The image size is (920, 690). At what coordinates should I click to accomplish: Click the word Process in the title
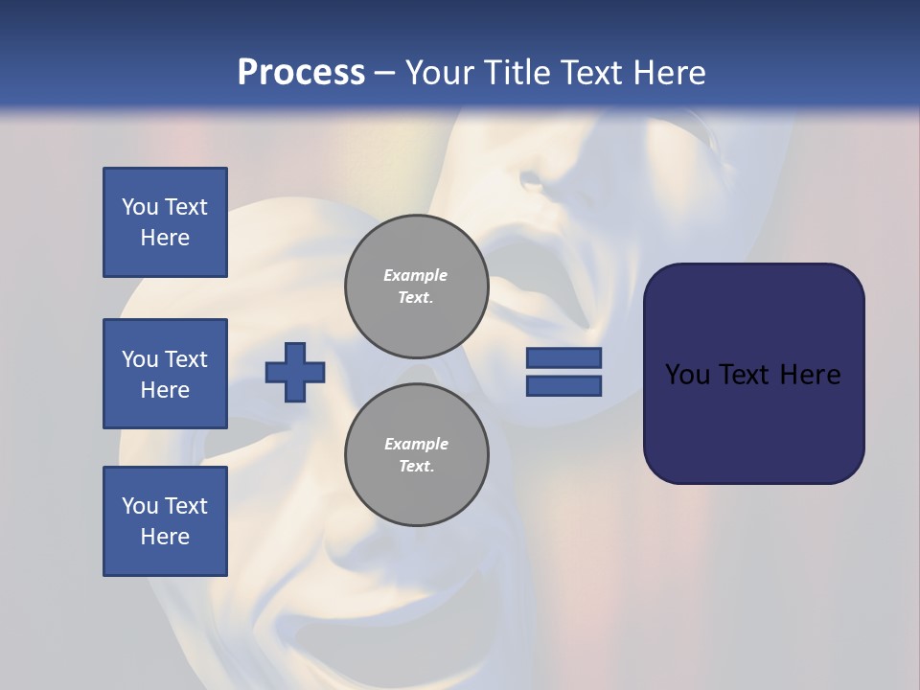click(301, 73)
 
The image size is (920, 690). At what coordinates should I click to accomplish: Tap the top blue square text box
click(165, 222)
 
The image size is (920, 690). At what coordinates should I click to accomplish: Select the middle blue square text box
click(165, 374)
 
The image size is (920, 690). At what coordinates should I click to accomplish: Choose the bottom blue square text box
click(165, 521)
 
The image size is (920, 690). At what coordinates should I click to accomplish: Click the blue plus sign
click(294, 372)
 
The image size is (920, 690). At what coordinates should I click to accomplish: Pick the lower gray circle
click(416, 454)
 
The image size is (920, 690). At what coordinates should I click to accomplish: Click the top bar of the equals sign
click(563, 358)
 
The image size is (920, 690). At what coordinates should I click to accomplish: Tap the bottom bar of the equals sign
click(563, 386)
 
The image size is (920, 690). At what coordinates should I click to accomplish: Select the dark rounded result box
click(753, 374)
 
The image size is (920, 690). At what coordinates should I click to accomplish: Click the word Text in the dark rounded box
click(743, 375)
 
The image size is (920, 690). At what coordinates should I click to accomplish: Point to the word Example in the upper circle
click(415, 275)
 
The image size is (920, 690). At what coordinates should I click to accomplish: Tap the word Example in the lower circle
click(416, 444)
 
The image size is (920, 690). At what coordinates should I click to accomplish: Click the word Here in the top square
click(165, 238)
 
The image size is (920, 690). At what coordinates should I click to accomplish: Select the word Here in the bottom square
click(165, 537)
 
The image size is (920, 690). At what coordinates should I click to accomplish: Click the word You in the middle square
click(139, 359)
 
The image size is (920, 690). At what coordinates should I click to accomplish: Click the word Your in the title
click(441, 73)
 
